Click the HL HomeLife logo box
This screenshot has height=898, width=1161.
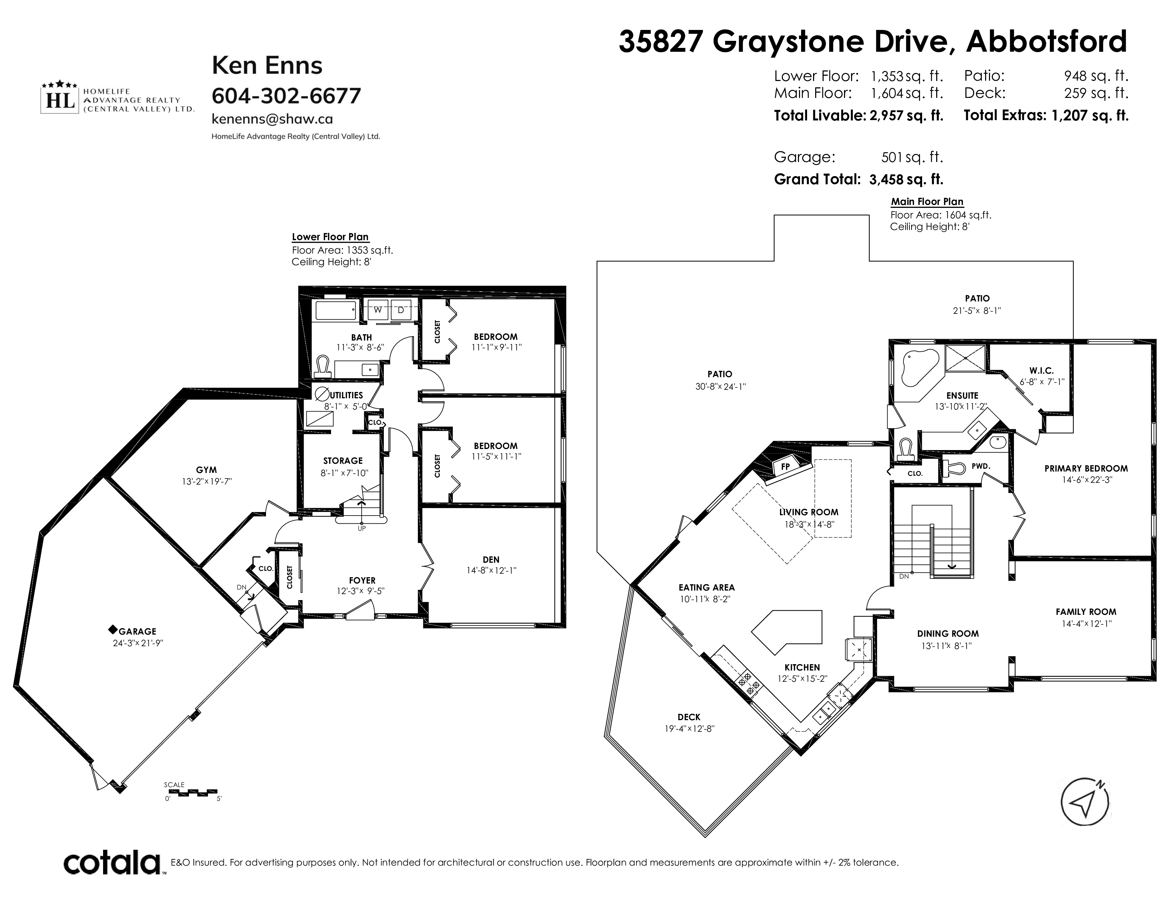61,99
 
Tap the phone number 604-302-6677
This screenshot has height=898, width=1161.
286,96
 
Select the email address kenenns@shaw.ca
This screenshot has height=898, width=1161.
272,119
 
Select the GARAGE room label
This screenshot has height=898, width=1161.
137,631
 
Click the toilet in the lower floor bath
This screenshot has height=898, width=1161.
322,366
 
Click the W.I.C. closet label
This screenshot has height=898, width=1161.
1041,371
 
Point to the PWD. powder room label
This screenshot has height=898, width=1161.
981,466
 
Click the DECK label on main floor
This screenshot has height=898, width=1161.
689,717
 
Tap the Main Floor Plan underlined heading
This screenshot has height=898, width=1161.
927,202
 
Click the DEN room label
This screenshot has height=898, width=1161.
491,559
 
